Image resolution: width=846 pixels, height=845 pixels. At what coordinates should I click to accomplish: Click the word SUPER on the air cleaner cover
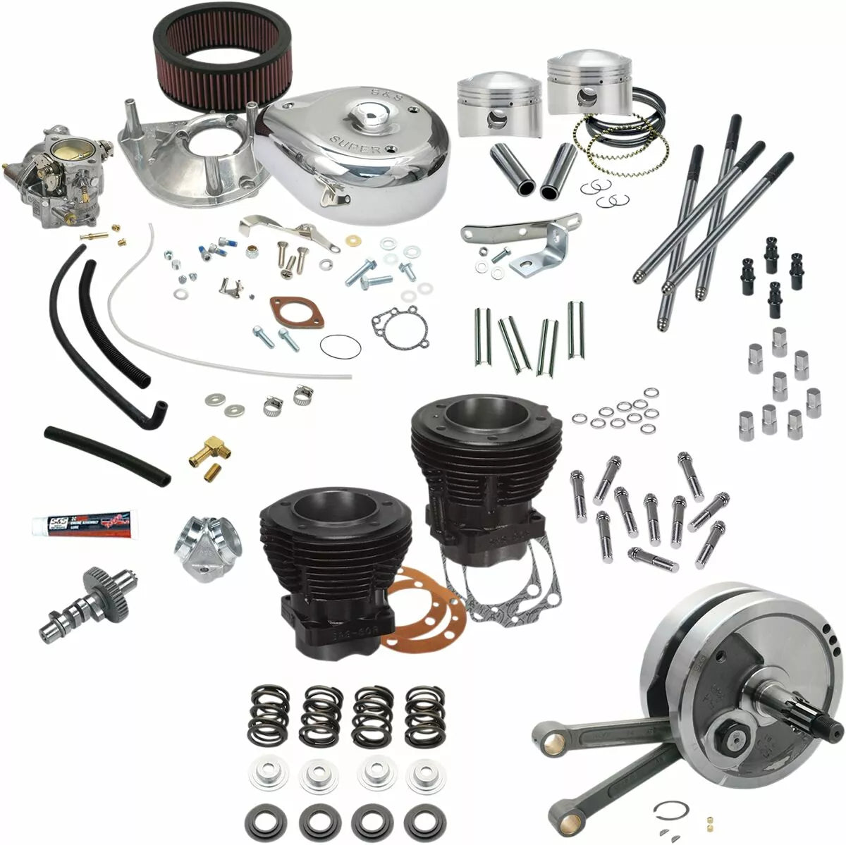point(364,144)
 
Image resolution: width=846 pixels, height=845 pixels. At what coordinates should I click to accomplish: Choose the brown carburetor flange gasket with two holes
point(297,313)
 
